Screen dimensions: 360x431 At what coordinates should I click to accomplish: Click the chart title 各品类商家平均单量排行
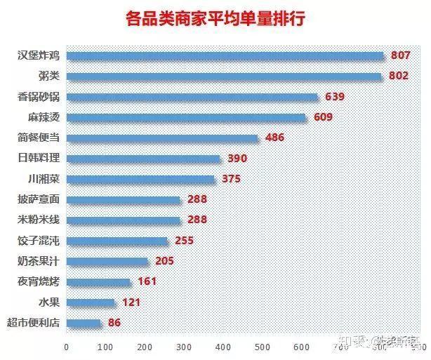click(215, 18)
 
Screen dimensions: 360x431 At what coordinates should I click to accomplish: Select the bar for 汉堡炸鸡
click(225, 55)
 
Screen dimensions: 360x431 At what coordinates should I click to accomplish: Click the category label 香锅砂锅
click(39, 96)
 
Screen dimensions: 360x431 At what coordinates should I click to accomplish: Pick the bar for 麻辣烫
click(186, 117)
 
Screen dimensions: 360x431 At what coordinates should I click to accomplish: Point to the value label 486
click(274, 138)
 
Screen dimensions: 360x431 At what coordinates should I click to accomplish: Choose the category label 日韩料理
click(39, 159)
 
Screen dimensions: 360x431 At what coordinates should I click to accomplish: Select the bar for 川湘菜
click(140, 179)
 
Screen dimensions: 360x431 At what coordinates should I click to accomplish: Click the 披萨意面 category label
click(39, 199)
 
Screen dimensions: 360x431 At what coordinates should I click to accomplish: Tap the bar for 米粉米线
click(124, 220)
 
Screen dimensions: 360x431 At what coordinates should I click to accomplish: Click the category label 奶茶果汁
click(39, 261)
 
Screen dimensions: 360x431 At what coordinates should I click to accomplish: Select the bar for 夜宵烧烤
click(98, 282)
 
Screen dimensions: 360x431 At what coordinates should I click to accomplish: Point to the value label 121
click(131, 302)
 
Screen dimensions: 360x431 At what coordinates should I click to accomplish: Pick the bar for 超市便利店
click(84, 324)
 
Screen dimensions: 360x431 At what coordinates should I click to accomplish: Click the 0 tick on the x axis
click(66, 347)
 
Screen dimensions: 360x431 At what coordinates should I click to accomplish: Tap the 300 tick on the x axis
click(184, 347)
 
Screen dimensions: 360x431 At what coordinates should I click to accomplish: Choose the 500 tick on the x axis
click(263, 347)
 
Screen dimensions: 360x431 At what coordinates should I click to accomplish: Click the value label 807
click(400, 55)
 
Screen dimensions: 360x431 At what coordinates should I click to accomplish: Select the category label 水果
click(49, 302)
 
